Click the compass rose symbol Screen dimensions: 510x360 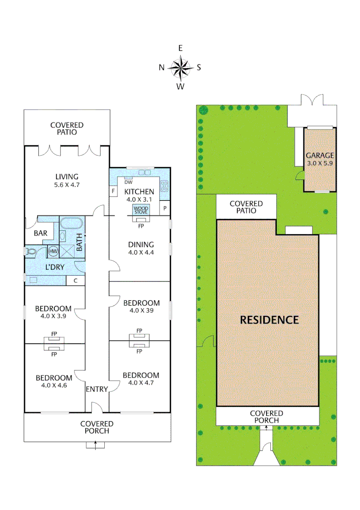coord(180,68)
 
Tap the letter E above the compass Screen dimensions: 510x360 coord(180,48)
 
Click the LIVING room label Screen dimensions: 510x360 coord(67,177)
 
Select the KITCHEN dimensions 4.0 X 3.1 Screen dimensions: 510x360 coord(139,200)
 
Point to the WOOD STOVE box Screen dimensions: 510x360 coord(141,210)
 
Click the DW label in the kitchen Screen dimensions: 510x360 coord(128,182)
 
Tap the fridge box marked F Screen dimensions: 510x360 coord(113,191)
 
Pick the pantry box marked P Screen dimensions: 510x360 coord(165,208)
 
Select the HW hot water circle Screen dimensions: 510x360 coord(53,252)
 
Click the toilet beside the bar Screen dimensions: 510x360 coord(32,252)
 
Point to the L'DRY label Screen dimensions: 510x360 coord(55,267)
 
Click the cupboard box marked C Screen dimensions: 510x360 coord(75,280)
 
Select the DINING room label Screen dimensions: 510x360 coord(141,245)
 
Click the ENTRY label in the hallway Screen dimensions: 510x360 coord(97,389)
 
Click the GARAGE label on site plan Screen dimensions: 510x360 coord(320,155)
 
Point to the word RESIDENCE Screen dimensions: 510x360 coord(269,320)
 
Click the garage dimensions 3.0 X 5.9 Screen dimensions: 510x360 coord(320,163)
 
